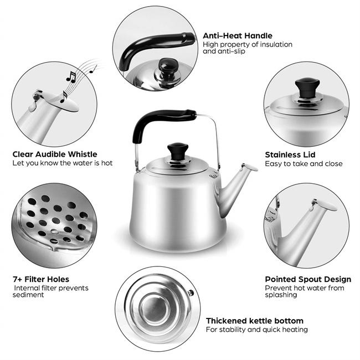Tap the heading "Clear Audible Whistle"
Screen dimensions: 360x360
tap(54, 154)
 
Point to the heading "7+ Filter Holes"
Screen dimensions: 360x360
tap(41, 279)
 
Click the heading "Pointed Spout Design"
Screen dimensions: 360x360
tap(308, 279)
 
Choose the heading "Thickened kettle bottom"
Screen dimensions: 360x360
tap(254, 321)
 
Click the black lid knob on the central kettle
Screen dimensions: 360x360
tap(178, 151)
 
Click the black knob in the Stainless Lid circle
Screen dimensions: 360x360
tap(307, 86)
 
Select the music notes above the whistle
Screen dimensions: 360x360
tap(78, 78)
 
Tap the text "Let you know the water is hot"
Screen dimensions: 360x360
tap(63, 163)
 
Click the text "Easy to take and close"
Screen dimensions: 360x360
tap(304, 164)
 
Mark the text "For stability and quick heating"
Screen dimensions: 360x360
tap(256, 330)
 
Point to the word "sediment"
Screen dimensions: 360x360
tap(29, 295)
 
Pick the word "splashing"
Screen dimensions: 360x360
tap(281, 295)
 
